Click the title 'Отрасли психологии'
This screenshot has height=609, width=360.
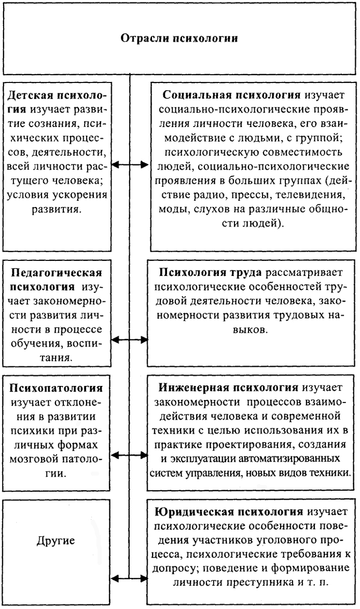point(179,38)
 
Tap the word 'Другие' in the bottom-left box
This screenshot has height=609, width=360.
point(56,540)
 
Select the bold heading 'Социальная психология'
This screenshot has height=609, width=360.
point(231,95)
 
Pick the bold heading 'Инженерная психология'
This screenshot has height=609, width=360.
point(228,387)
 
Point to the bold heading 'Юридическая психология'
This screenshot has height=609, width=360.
point(229,511)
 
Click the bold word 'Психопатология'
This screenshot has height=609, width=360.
point(57,388)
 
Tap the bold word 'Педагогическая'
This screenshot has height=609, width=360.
point(57,273)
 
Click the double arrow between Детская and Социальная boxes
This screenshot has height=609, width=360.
point(130,165)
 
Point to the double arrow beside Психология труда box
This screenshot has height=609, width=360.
point(130,340)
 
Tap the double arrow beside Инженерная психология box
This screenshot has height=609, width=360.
point(130,455)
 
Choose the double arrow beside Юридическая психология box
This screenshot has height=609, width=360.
point(130,579)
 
